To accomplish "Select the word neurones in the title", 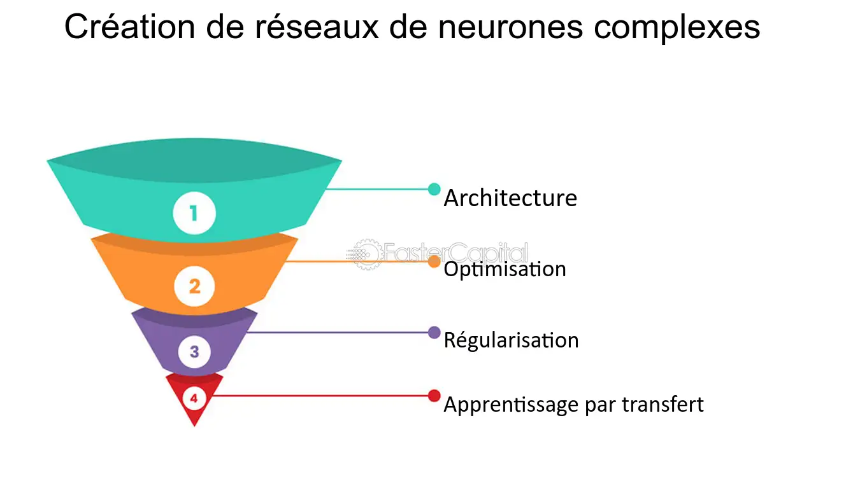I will coord(509,28).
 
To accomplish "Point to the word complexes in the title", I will coord(677,28).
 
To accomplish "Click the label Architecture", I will coord(510,198).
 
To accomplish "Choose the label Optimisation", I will coord(505,269).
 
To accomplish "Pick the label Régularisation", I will coord(511,340).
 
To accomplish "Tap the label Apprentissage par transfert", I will coord(573,405).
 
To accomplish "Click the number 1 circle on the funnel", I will coord(194,213).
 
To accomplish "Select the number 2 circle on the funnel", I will coord(194,286).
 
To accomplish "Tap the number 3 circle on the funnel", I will coord(194,351).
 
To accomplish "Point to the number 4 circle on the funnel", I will coord(194,399).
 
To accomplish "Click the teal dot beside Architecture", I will coord(434,189).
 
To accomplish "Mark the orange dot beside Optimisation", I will coord(434,261).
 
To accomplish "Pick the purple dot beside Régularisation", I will coord(434,332).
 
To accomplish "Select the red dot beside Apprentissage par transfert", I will coord(434,396).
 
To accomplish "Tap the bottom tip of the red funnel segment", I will coord(194,424).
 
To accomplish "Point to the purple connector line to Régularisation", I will coord(338,332).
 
